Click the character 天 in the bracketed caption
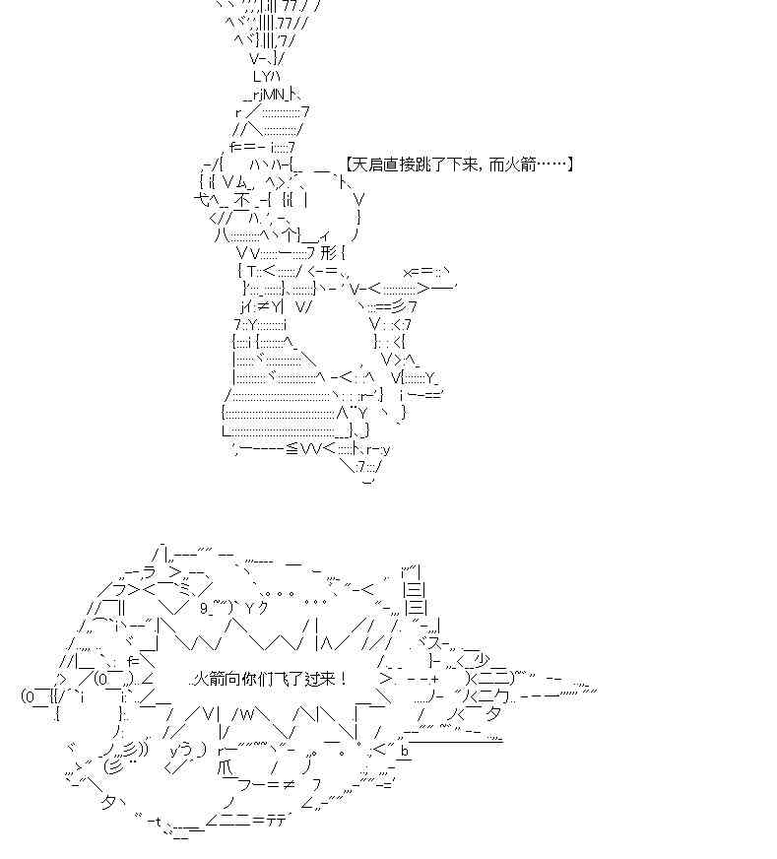pyautogui.click(x=358, y=165)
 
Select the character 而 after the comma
pyautogui.click(x=496, y=165)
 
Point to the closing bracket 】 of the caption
pyautogui.click(x=568, y=165)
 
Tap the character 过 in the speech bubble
pyautogui.click(x=312, y=680)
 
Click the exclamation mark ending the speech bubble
pyautogui.click(x=344, y=680)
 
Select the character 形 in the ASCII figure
pyautogui.click(x=328, y=253)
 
